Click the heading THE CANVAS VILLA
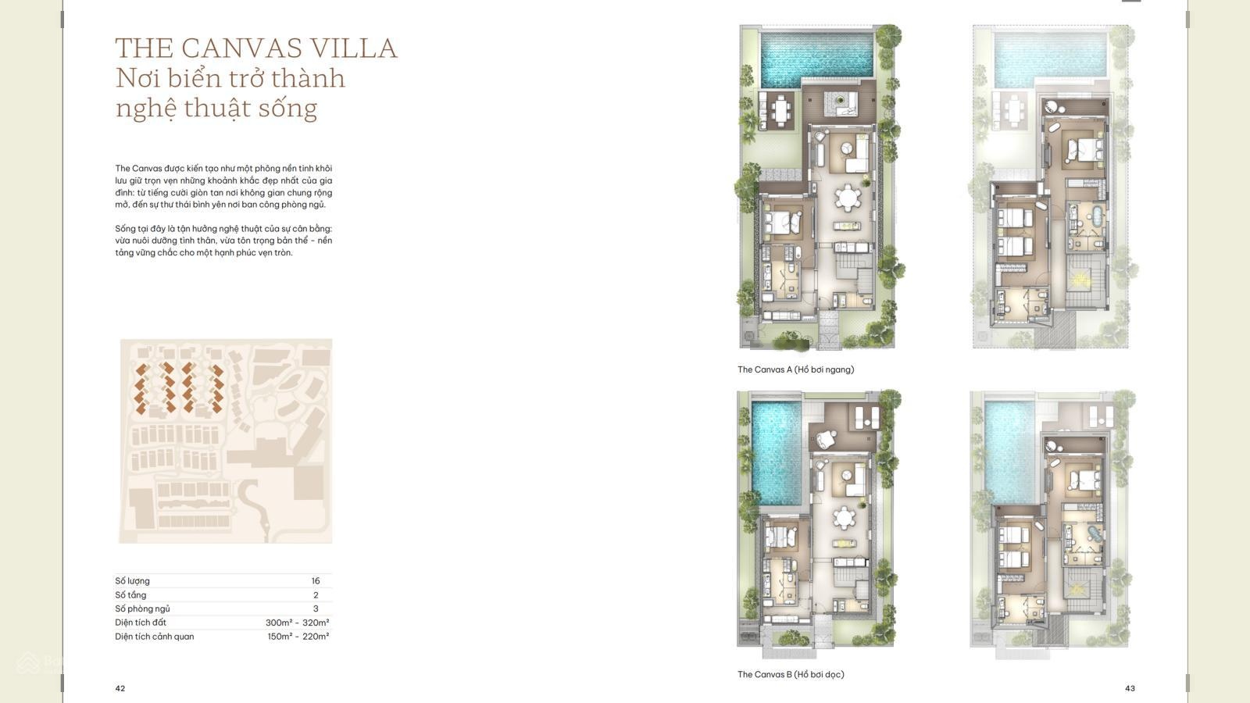pyautogui.click(x=256, y=48)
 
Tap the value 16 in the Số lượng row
pyautogui.click(x=316, y=581)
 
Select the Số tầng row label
pyautogui.click(x=130, y=594)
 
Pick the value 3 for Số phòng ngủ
pyautogui.click(x=316, y=608)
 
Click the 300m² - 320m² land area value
pyautogui.click(x=298, y=623)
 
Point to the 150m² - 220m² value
pyautogui.click(x=298, y=637)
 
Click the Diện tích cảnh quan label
pyautogui.click(x=155, y=637)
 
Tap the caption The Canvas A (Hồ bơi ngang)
pyautogui.click(x=796, y=369)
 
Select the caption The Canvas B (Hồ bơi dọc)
pyautogui.click(x=791, y=675)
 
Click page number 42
pyautogui.click(x=120, y=688)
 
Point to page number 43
pyautogui.click(x=1130, y=688)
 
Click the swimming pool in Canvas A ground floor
pyautogui.click(x=817, y=55)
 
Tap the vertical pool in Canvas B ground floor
pyautogui.click(x=777, y=453)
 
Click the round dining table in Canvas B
pyautogui.click(x=844, y=519)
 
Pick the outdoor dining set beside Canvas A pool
pyautogui.click(x=781, y=109)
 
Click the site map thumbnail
pyautogui.click(x=226, y=441)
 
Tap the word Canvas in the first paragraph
pyautogui.click(x=147, y=169)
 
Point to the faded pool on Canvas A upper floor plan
pyautogui.click(x=1050, y=55)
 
